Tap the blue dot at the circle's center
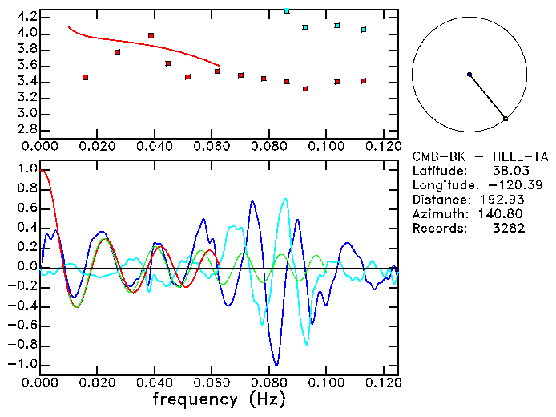[x=469, y=75]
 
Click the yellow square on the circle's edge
[x=506, y=119]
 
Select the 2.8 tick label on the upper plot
[x=26, y=130]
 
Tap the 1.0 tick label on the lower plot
[x=26, y=169]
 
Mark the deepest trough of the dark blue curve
[x=276, y=365]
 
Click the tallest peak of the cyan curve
[x=285, y=199]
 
